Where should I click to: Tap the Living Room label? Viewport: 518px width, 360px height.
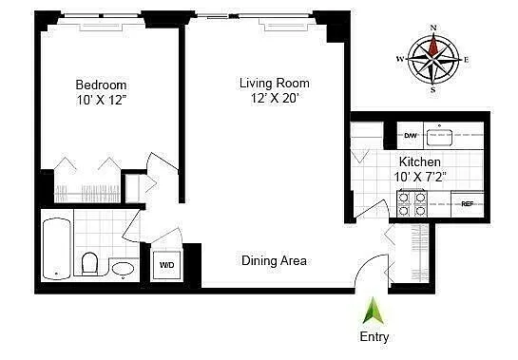274,83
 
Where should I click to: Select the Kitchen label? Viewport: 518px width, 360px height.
419,162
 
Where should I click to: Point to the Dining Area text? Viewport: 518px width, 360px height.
274,260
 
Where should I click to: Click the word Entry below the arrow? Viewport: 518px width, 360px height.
373,336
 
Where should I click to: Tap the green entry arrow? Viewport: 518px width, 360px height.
373,311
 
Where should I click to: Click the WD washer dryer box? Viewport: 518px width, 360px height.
166,265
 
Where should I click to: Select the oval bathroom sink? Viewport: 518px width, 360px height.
123,270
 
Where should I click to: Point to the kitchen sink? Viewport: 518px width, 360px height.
440,135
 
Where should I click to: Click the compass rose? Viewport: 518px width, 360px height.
434,60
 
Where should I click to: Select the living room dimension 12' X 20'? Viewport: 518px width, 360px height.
274,99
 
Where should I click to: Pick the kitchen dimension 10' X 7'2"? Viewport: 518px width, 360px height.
419,178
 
